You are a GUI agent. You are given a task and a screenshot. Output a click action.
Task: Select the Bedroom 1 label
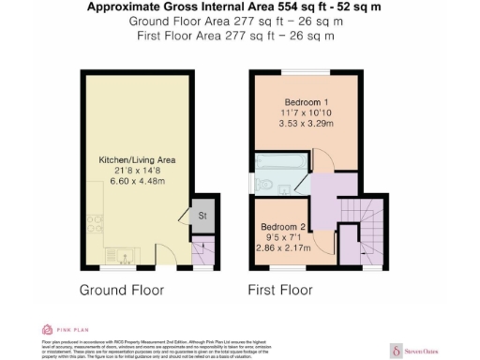[306, 100]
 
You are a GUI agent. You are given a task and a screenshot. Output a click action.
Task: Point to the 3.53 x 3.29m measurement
[306, 123]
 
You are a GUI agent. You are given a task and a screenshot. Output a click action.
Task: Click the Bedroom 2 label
[282, 227]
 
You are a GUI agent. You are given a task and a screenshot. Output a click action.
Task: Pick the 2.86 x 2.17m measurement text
[282, 248]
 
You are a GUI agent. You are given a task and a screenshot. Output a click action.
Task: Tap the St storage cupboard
[202, 217]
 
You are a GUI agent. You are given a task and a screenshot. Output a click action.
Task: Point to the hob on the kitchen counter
[95, 224]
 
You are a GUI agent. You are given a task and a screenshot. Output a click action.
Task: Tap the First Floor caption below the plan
[279, 291]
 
